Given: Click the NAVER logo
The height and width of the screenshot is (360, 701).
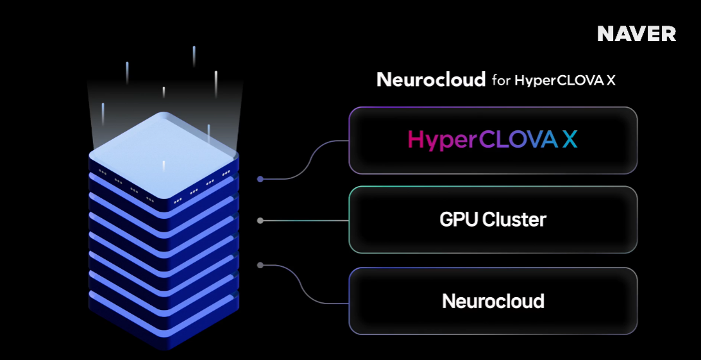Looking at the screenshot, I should pos(636,34).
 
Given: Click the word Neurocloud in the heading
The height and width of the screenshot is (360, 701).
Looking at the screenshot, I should pos(430,80).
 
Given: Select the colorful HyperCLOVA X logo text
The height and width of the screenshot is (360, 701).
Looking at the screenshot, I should pos(493,140).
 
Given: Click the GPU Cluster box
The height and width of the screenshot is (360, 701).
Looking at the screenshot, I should pos(493,220).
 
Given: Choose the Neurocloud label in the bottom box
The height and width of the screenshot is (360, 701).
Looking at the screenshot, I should pos(493,301).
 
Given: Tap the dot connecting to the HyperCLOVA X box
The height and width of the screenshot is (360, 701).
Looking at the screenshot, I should pos(260,179).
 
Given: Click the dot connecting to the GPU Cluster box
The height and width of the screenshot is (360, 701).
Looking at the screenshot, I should pos(260,221).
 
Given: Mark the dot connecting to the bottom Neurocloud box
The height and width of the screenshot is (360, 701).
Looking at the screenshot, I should pos(260,264).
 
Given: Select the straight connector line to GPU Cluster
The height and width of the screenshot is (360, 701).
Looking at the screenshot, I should pos(305,221).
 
